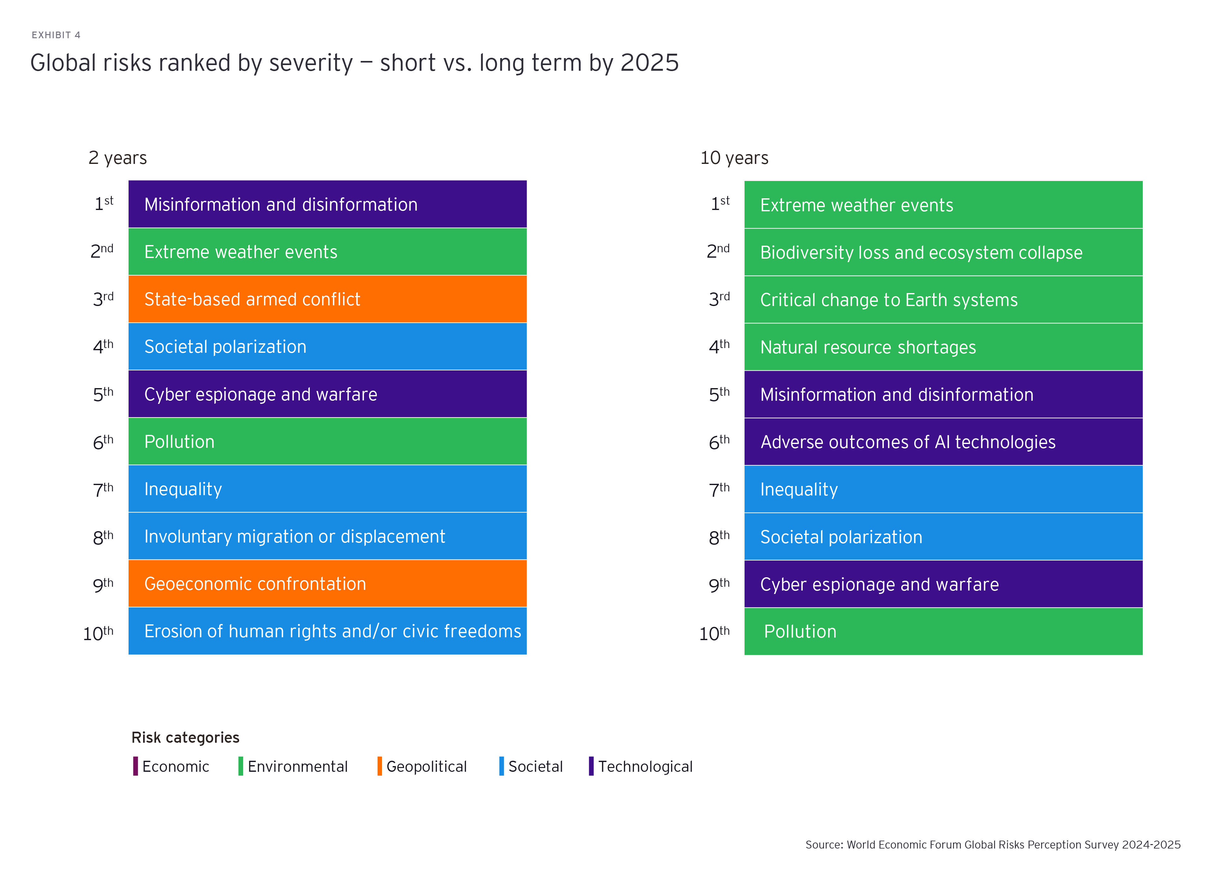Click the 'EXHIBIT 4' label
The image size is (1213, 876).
click(56, 35)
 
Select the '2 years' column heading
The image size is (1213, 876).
click(118, 158)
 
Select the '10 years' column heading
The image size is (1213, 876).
click(734, 158)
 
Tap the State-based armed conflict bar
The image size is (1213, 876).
click(327, 299)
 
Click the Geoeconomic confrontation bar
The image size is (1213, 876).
click(327, 584)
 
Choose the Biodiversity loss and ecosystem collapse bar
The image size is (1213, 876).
click(944, 252)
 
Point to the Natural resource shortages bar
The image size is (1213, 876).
click(944, 347)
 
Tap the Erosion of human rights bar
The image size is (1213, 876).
click(327, 631)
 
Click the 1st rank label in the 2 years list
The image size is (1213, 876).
click(104, 204)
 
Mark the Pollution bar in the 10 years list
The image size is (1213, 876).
click(944, 632)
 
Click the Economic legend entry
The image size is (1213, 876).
click(171, 766)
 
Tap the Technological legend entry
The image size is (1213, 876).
click(641, 766)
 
